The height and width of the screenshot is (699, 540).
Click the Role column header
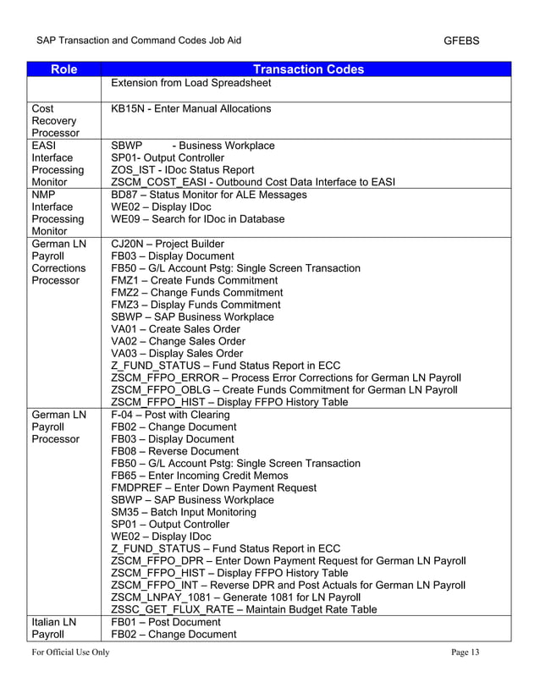pyautogui.click(x=63, y=69)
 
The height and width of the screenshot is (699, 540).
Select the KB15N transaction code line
pyautogui.click(x=191, y=108)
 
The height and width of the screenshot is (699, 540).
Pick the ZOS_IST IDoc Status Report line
pyautogui.click(x=183, y=170)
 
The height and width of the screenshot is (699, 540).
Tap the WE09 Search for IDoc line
pyautogui.click(x=198, y=219)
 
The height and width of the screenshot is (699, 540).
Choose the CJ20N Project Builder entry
pyautogui.click(x=168, y=244)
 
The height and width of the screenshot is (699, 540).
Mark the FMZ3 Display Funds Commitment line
pyautogui.click(x=196, y=305)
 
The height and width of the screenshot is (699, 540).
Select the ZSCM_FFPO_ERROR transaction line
pyautogui.click(x=286, y=377)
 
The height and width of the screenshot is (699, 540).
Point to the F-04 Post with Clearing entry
pyautogui.click(x=170, y=415)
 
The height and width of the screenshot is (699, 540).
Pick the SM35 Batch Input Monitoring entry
pyautogui.click(x=192, y=512)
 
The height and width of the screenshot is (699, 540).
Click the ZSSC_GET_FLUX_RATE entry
pyautogui.click(x=244, y=609)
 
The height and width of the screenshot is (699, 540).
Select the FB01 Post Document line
pyautogui.click(x=166, y=622)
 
